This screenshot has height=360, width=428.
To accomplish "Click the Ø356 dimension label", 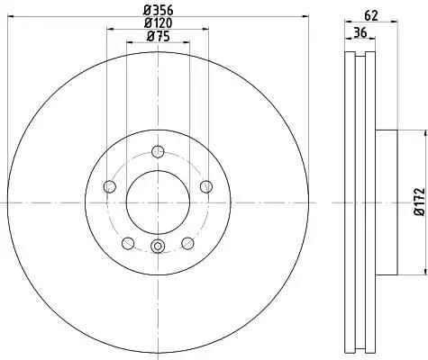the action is click(159, 11).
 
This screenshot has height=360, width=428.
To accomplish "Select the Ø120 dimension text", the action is click(159, 23).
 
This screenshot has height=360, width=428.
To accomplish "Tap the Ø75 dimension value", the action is click(159, 36).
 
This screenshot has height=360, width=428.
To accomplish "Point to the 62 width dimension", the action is click(371, 15).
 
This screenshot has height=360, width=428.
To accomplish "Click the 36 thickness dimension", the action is click(360, 32).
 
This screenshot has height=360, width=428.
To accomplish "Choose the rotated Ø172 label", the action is click(420, 202).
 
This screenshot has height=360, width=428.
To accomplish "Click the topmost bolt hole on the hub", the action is click(158, 151).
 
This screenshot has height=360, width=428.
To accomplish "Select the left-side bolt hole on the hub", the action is click(110, 186).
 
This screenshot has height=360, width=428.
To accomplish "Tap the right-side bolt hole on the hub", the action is click(206, 186).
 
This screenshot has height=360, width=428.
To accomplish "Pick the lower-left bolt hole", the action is click(128, 243).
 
